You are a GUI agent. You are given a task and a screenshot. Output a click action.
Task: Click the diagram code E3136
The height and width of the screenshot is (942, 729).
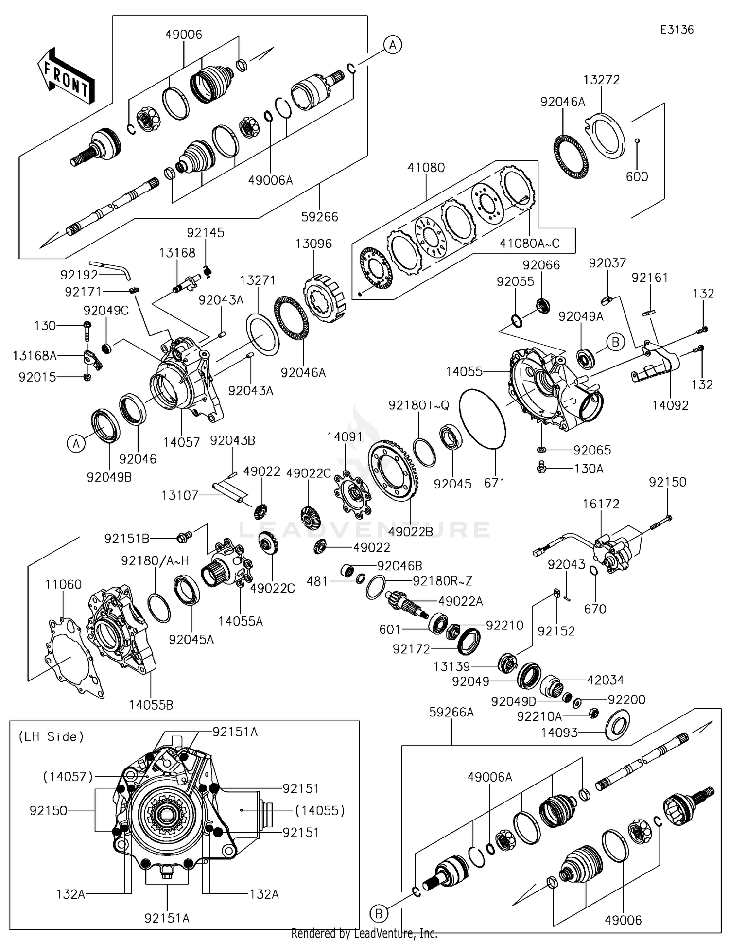tap(677, 29)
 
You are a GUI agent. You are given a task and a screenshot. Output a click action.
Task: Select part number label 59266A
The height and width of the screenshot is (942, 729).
tap(451, 712)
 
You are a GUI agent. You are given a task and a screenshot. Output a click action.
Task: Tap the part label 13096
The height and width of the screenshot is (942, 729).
tap(313, 244)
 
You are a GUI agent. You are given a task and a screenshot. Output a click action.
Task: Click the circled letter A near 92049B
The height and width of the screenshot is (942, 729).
tap(76, 444)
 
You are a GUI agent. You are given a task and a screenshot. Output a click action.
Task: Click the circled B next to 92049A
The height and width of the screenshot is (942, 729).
tap(615, 342)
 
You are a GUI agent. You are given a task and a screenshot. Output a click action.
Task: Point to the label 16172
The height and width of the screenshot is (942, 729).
tap(601, 504)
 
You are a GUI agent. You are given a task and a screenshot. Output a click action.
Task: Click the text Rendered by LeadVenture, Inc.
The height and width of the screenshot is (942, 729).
tap(364, 933)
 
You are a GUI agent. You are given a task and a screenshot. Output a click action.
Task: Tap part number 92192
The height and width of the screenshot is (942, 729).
tap(79, 275)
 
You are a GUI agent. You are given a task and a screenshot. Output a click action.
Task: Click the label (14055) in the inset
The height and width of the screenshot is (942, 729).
tap(320, 810)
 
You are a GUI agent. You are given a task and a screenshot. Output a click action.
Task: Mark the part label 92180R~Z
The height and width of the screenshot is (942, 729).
tap(442, 581)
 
